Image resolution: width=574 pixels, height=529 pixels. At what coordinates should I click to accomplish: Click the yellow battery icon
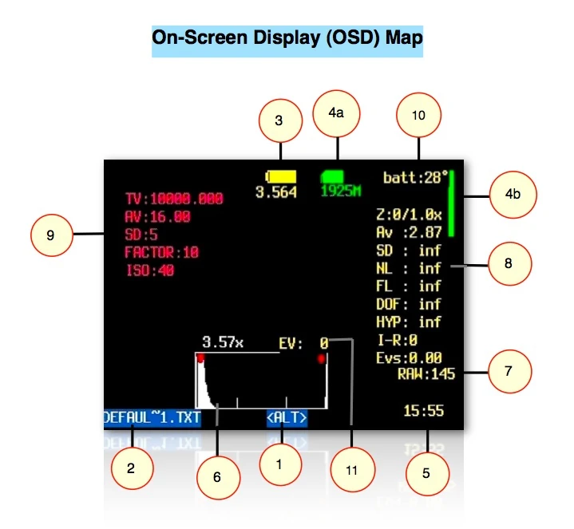coord(281,175)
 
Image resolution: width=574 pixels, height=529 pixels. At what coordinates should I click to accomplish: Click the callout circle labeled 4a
coord(338,113)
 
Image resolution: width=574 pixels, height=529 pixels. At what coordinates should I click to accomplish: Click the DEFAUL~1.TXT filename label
coord(152,416)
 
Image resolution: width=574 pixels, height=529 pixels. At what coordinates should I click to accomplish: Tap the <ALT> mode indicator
coord(287,416)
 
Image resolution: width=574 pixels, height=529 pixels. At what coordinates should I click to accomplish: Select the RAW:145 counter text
coord(426,373)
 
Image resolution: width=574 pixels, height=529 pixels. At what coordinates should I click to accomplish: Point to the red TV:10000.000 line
coord(174,199)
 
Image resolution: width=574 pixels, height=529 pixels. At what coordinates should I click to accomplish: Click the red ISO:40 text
coord(149,270)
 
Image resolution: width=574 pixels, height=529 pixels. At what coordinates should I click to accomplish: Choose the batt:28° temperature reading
coord(416,177)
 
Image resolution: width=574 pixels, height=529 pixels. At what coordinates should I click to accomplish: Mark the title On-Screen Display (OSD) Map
coord(287,38)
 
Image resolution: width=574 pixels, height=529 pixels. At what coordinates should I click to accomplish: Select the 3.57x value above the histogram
coord(223,342)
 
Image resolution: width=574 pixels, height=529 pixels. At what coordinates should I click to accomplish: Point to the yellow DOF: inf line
coord(408,304)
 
